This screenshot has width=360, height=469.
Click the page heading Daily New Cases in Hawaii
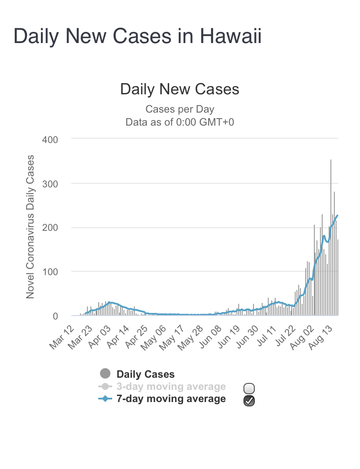[x=137, y=36]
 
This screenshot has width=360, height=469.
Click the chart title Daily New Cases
[x=180, y=89]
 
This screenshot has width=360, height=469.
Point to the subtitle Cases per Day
[x=180, y=109]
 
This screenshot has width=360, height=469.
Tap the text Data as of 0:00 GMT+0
[x=180, y=122]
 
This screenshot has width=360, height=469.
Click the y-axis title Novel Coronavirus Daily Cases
[x=30, y=227]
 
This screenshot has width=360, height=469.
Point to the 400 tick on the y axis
[x=50, y=139]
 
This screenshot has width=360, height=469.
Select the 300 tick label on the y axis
[x=50, y=183]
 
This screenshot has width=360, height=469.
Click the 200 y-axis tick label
[x=50, y=228]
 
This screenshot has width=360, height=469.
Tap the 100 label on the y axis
[x=50, y=272]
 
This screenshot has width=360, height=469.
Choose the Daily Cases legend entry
[x=145, y=374]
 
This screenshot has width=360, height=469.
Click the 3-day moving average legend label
[x=171, y=386]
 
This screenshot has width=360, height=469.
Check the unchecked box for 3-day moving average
[x=250, y=388]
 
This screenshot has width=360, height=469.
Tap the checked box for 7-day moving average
[x=250, y=401]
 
